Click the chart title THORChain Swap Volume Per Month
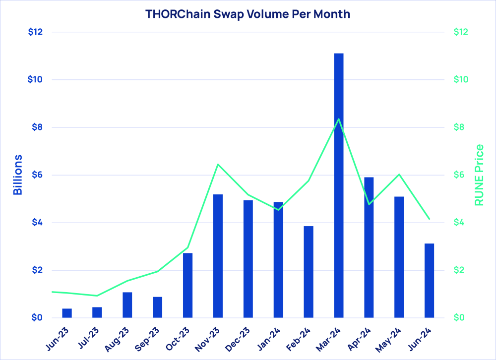(x=248, y=14)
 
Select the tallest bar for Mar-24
(x=339, y=185)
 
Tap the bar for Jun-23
(x=67, y=313)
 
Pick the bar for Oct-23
(x=187, y=285)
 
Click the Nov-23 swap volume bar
(x=218, y=256)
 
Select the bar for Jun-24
(x=429, y=281)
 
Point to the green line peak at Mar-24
(x=339, y=119)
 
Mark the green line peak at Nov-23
(x=218, y=164)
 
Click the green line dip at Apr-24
(x=369, y=204)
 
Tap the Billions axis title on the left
(x=17, y=175)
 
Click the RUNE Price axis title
(x=479, y=175)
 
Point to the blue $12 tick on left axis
(x=36, y=32)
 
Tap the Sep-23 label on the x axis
(x=149, y=338)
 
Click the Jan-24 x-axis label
(x=270, y=338)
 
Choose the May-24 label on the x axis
(x=390, y=338)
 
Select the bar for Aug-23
(x=127, y=305)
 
